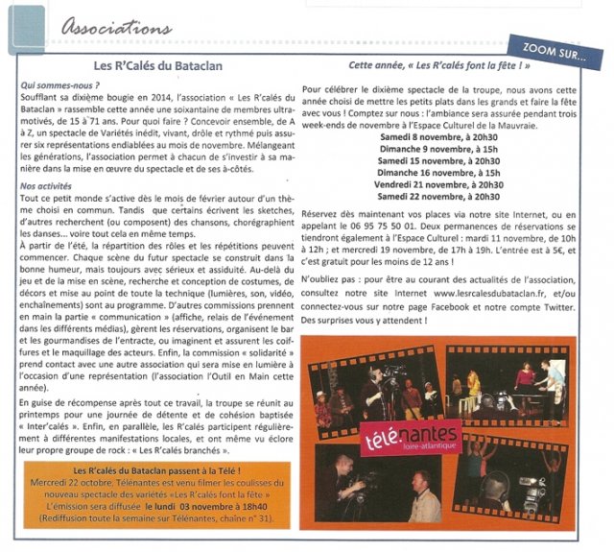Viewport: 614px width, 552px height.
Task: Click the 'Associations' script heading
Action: [x=117, y=28]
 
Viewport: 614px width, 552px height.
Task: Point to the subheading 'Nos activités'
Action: [x=46, y=186]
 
